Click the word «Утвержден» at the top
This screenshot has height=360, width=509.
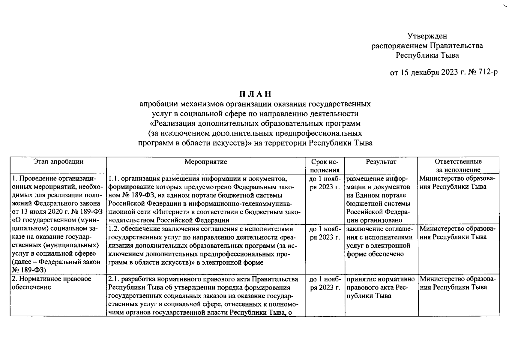tap(427, 36)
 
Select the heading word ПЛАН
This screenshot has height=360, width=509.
tap(255, 94)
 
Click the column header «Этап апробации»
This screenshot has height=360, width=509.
tap(58, 162)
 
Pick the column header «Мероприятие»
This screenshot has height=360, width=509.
tap(206, 162)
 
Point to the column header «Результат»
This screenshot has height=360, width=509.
tap(381, 162)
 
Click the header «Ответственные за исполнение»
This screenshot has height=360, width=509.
tap(458, 166)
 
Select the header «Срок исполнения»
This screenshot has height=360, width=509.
tap(325, 166)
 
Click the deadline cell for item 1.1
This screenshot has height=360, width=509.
tap(325, 183)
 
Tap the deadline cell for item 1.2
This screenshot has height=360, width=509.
tap(325, 233)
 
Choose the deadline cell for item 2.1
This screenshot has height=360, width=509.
tap(325, 283)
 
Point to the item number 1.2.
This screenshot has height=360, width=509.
tap(114, 229)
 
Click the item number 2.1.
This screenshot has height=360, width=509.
tap(114, 279)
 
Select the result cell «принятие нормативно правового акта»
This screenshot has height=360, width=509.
tap(380, 287)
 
